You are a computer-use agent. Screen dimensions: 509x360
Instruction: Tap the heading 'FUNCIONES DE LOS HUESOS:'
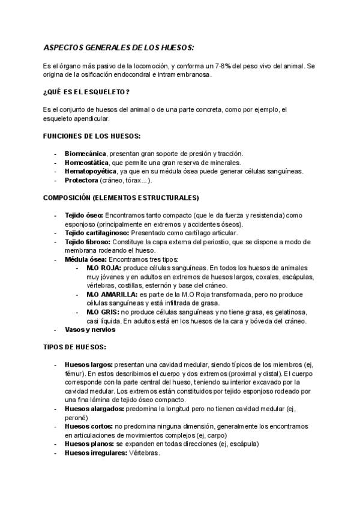(92, 136)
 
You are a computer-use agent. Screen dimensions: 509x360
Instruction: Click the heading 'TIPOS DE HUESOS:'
(75, 347)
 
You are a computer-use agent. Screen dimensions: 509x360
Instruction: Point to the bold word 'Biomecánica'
(85, 154)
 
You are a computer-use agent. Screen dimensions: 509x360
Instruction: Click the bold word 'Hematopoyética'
(91, 171)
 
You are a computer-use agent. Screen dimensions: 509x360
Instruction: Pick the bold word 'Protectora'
(81, 179)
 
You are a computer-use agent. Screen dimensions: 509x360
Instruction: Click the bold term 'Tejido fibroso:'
(88, 241)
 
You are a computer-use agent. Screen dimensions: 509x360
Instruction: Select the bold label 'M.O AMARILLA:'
(112, 295)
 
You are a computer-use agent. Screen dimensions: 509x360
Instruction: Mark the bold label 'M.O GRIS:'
(103, 312)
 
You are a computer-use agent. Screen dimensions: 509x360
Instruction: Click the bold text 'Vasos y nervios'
(90, 330)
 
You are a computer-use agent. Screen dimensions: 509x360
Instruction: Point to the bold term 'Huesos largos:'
(88, 364)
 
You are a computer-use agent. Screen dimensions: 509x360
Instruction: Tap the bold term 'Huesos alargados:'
(94, 408)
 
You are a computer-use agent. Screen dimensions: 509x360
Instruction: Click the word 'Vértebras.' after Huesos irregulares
(144, 453)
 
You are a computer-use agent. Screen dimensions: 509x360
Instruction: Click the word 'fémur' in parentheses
(74, 373)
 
